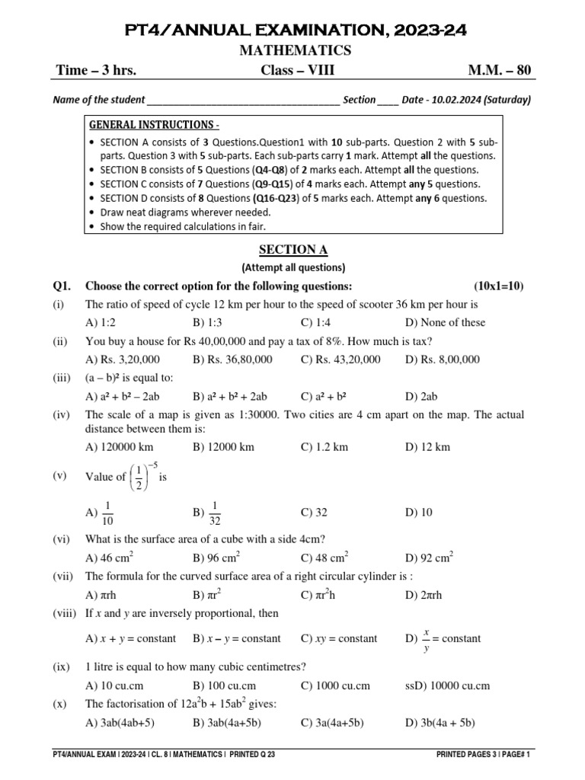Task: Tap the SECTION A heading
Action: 293,249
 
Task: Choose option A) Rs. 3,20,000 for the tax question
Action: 123,360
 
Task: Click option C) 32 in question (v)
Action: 313,513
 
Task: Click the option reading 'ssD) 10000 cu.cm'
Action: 446,686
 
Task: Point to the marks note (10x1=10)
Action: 498,286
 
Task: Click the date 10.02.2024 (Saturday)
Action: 472,100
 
